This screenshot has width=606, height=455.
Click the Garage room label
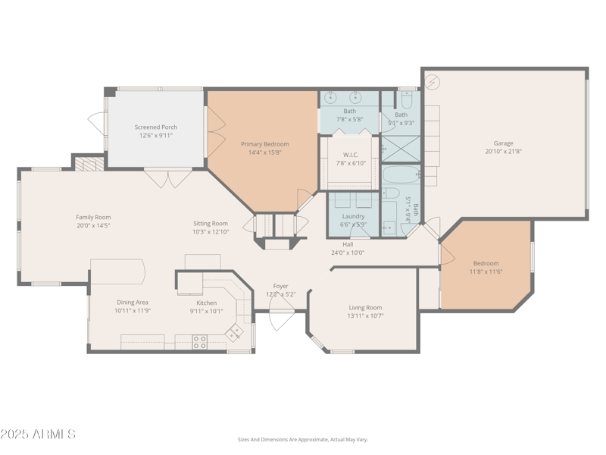[503, 143]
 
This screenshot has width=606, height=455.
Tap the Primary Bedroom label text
[264, 144]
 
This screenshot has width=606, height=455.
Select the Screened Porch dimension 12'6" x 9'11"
[156, 136]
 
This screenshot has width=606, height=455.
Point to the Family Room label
[93, 218]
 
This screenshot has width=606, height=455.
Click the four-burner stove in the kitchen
[199, 341]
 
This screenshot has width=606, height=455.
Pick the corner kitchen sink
[236, 331]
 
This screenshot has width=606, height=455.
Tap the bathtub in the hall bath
[399, 175]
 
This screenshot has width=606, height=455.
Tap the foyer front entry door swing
[282, 319]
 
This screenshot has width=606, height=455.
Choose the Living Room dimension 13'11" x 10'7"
[365, 316]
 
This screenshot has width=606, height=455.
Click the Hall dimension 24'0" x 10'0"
[348, 253]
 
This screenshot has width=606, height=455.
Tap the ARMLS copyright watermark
[38, 435]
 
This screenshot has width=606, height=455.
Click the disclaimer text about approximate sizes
[302, 439]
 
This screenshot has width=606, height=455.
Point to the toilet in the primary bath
[405, 101]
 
